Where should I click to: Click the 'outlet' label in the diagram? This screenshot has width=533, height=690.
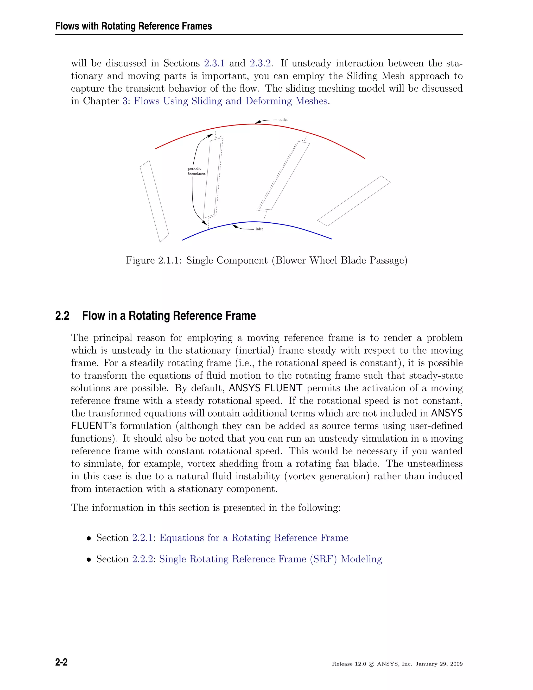(x=283, y=120)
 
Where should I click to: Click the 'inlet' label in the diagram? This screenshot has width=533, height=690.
(x=259, y=229)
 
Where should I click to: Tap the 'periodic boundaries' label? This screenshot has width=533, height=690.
(x=197, y=171)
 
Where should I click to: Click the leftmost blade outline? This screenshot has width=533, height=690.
(x=154, y=201)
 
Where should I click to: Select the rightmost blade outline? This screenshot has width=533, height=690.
(x=354, y=201)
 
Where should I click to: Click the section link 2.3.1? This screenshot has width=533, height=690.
(x=214, y=63)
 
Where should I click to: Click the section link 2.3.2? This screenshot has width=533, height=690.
(x=260, y=63)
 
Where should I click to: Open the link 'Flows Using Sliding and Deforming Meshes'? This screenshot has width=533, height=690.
(x=231, y=101)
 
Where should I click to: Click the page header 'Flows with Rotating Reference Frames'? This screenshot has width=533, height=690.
(x=134, y=26)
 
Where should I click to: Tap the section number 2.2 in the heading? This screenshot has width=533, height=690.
(x=62, y=316)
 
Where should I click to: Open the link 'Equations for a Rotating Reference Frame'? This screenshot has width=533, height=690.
(x=253, y=538)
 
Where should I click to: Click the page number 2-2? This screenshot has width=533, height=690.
(x=61, y=662)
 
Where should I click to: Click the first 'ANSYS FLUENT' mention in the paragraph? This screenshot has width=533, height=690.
(x=265, y=388)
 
